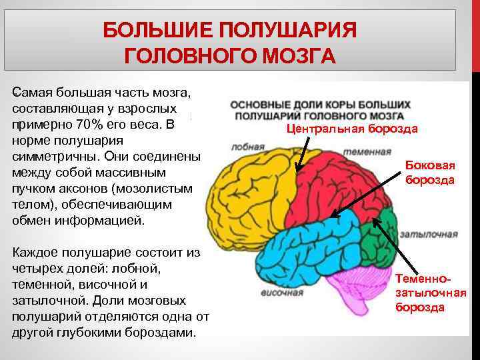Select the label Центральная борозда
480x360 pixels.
tap(352, 129)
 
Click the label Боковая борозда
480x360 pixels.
tap(430, 173)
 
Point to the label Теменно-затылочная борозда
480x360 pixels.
tap(430, 293)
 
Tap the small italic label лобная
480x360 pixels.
tap(244, 147)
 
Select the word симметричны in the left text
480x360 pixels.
tap(53, 157)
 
